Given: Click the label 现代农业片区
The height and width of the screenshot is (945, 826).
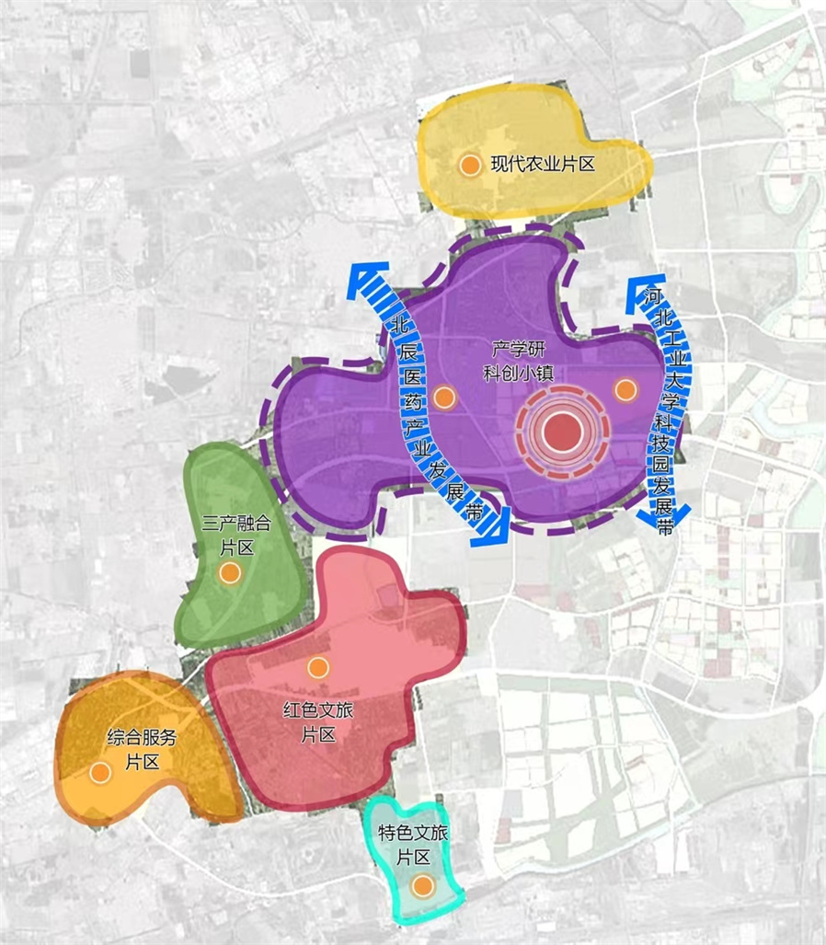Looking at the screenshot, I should [x=544, y=165].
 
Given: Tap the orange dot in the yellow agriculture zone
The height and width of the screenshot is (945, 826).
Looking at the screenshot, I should [x=469, y=166].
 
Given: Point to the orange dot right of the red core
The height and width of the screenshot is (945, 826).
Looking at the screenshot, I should [x=625, y=389].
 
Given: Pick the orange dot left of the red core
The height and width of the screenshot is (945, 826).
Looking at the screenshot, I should [x=444, y=397].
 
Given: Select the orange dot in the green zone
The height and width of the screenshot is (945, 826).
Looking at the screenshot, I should [x=229, y=572].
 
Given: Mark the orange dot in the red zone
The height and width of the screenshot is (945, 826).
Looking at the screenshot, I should [x=317, y=666].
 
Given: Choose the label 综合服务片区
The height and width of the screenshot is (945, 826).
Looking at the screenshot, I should [x=142, y=749].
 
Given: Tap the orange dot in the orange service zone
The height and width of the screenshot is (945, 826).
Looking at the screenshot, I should [x=100, y=772].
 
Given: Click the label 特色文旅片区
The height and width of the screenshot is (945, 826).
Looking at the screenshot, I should [x=414, y=846].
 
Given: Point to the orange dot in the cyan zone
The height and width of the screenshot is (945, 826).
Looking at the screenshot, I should [x=422, y=887].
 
